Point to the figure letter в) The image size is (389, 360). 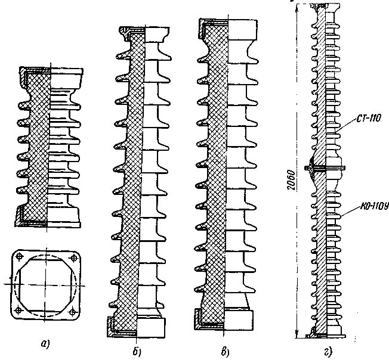coord(224,350)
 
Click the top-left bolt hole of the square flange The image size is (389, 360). coord(19,257)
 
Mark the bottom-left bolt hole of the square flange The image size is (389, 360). coord(19,310)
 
